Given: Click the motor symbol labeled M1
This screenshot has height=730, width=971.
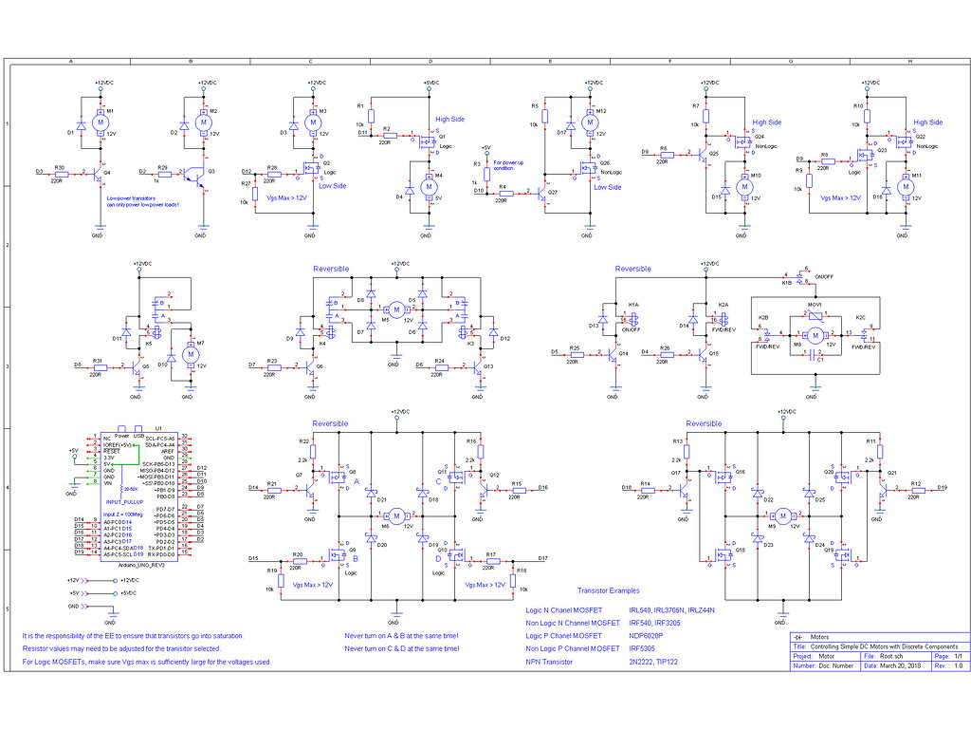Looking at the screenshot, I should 100,123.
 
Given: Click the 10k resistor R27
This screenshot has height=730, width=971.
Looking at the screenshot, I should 255,195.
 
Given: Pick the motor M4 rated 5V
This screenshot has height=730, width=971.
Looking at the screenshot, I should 429,187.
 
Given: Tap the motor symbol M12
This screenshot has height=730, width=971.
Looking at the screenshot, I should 590,123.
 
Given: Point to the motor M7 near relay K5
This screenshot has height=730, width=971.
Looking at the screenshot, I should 190,354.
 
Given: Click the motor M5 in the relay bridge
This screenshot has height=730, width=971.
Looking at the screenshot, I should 395,309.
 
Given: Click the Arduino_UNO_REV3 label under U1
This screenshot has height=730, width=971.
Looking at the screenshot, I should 140,564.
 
